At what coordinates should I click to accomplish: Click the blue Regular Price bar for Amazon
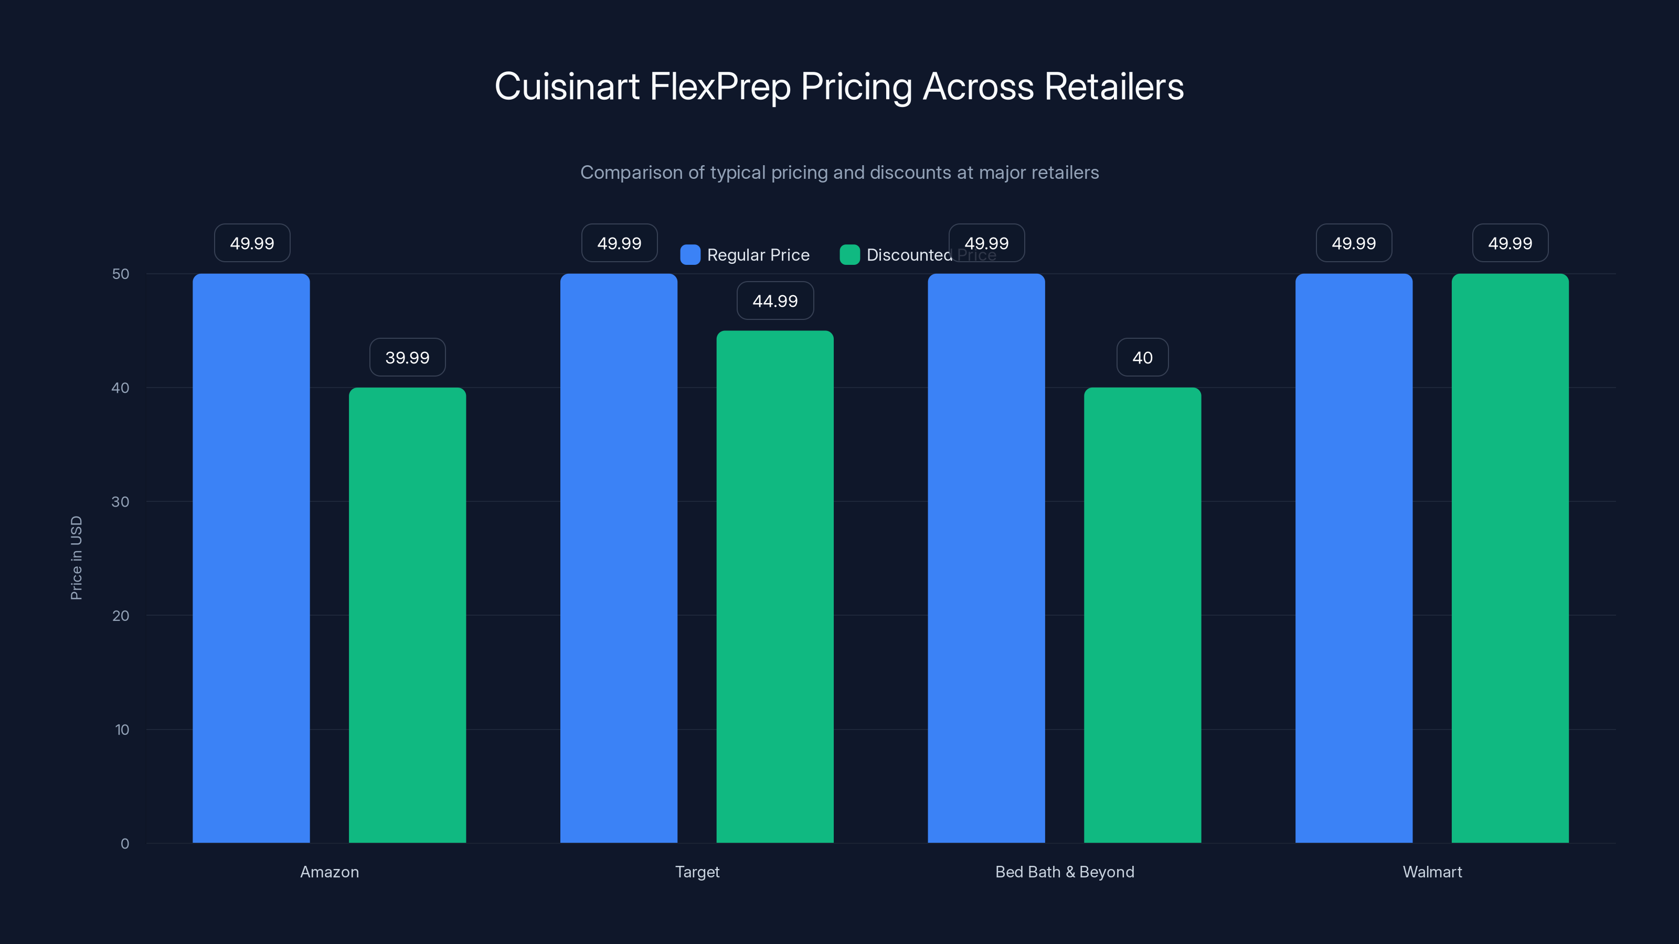[251, 557]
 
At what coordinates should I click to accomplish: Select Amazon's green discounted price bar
[407, 615]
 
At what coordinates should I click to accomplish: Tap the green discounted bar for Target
[775, 586]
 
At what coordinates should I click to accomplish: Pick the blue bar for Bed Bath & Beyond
[986, 557]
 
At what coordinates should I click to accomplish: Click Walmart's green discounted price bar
[1510, 557]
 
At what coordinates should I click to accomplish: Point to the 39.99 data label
[407, 357]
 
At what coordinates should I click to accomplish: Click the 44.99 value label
[775, 301]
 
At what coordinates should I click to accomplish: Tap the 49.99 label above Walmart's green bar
[1510, 243]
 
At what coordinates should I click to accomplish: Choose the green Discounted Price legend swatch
[850, 255]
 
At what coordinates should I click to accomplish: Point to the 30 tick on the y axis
[121, 502]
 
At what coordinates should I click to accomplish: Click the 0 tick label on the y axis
[124, 844]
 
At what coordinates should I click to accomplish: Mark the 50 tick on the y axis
[121, 274]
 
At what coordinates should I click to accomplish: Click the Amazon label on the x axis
[329, 872]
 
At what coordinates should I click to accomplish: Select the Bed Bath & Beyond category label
[1065, 872]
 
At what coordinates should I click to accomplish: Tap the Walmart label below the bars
[1432, 872]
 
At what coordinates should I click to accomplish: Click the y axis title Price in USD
[76, 557]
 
